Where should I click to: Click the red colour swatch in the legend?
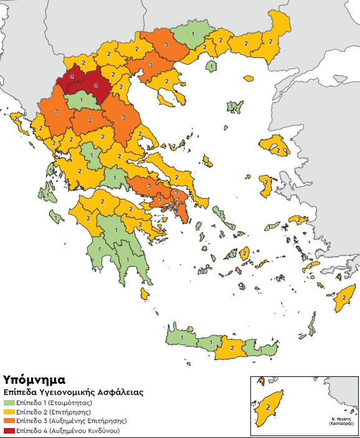coord(11,431)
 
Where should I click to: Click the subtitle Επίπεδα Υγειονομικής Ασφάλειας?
coord(73,393)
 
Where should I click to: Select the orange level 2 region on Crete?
coord(231,348)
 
